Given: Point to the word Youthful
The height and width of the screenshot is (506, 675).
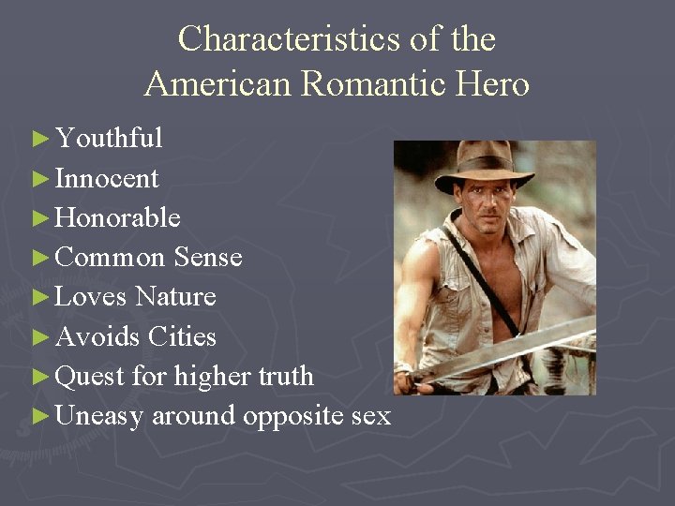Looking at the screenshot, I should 109,139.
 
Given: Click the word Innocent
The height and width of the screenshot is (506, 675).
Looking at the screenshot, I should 107,178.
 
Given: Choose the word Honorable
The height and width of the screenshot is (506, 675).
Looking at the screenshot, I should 118,217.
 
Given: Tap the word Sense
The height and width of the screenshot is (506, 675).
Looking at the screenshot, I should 208,257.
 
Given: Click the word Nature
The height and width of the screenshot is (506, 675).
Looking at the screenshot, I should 175,296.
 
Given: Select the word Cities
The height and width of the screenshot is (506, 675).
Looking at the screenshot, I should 182,335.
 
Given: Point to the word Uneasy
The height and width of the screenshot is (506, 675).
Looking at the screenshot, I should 99,415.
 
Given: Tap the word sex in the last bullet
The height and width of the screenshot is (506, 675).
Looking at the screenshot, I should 370,415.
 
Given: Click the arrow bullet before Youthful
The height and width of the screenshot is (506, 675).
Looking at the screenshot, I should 39,140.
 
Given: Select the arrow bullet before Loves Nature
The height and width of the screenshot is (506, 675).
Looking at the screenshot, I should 39,297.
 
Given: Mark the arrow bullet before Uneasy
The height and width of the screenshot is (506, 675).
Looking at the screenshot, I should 39,415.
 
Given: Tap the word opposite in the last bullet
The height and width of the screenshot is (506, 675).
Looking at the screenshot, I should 292,415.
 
